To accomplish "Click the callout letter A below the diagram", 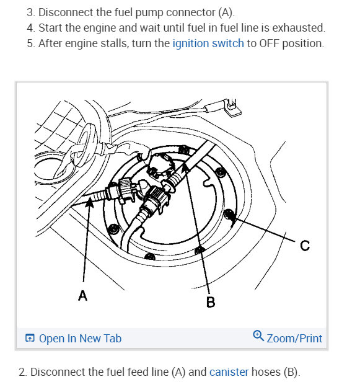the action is coord(82,295).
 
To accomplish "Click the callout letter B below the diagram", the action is coord(211,302).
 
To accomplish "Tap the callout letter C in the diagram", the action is coord(305,246).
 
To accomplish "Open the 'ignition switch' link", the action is coord(208,43).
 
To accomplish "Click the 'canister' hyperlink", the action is coord(229,372).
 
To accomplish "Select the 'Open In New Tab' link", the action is coord(80,339).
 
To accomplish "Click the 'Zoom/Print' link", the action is coord(294,339).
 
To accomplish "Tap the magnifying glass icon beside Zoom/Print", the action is coord(258,336).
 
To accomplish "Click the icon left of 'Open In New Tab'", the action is coord(30,338).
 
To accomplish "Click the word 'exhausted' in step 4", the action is coord(299,28).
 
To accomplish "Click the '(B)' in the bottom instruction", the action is coord(292,372).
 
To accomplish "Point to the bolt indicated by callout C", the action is coord(229,214).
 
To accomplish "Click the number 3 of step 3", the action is coord(30,12).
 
